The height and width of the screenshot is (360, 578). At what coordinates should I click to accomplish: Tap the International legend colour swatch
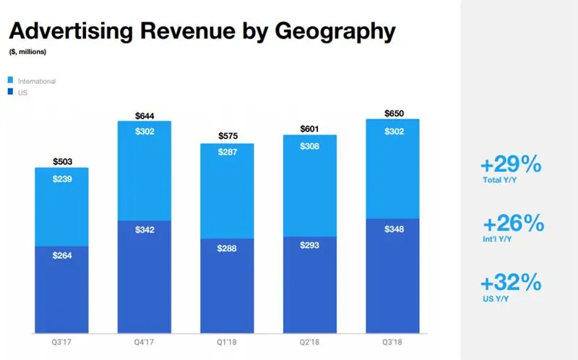(x=10, y=81)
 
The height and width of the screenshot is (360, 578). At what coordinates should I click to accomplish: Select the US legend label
(x=23, y=93)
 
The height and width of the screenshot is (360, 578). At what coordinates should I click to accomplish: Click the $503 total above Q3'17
(x=62, y=162)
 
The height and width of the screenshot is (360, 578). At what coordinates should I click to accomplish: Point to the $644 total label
(x=145, y=116)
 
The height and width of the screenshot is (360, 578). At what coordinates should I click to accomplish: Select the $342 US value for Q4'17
(x=145, y=230)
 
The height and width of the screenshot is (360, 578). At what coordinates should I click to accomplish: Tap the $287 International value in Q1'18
(x=228, y=155)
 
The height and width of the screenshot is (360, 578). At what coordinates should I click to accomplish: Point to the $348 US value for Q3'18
(x=393, y=228)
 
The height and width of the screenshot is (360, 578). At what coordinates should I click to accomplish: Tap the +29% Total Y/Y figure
(x=512, y=165)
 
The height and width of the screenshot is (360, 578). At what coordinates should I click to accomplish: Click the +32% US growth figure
(x=512, y=281)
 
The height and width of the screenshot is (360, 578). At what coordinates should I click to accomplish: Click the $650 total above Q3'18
(x=393, y=113)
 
